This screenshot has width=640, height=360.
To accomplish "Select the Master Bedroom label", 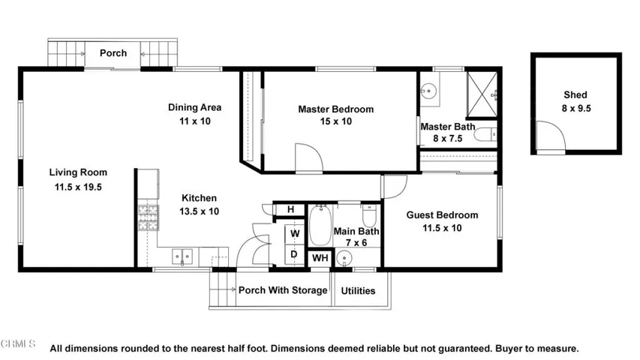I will coord(335,109).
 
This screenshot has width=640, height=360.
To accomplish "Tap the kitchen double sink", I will coord(182,256).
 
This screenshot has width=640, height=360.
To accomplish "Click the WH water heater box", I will coord(320,259).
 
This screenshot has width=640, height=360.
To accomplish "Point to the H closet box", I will coord(290,209).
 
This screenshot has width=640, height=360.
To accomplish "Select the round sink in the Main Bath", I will coord(344,259).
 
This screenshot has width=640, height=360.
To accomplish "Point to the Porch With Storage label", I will coord(283,290).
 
